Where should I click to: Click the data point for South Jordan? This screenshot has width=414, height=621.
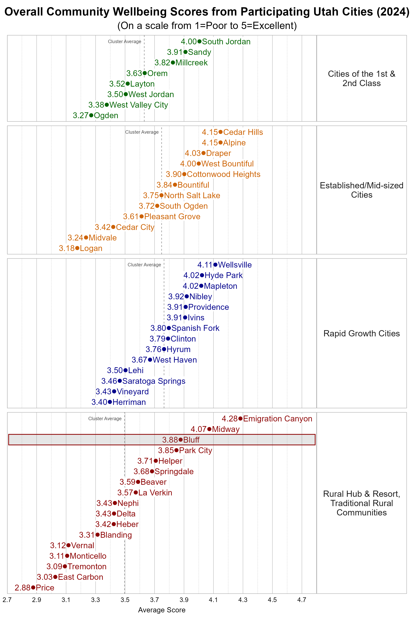(x=199, y=41)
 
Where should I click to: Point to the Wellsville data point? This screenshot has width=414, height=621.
(x=215, y=265)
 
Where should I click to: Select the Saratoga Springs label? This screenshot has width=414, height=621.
(x=154, y=381)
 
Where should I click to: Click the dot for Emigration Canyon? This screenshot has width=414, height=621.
(x=240, y=418)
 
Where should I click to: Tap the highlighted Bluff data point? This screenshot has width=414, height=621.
(x=181, y=440)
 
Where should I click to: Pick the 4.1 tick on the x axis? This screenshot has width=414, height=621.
(x=213, y=600)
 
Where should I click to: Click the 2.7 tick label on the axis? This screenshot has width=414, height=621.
(x=7, y=600)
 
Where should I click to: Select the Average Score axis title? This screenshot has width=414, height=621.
(x=162, y=610)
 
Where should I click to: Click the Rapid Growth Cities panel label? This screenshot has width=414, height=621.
(x=361, y=333)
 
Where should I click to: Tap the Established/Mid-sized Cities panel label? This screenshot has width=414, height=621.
(x=361, y=190)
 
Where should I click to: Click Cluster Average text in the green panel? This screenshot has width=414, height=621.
(x=124, y=41)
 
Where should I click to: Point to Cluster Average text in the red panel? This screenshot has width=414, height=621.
(x=105, y=418)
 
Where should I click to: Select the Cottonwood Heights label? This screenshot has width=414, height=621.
(x=223, y=174)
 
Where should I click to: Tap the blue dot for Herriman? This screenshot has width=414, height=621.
(x=110, y=402)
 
